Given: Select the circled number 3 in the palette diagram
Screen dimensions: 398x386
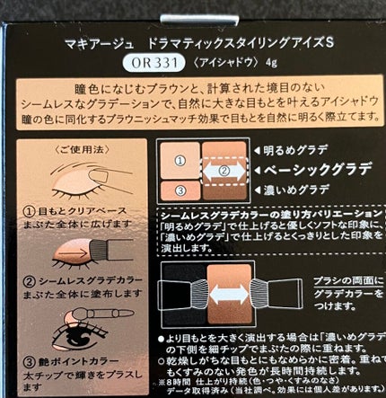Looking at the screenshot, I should [x=179, y=190].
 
